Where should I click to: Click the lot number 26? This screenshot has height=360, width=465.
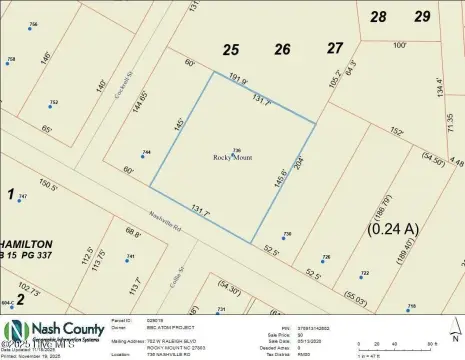(282, 48)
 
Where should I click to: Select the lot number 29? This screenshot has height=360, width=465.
(423, 16)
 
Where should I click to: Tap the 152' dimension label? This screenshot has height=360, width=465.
(397, 128)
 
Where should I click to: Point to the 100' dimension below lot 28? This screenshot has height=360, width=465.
(400, 44)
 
